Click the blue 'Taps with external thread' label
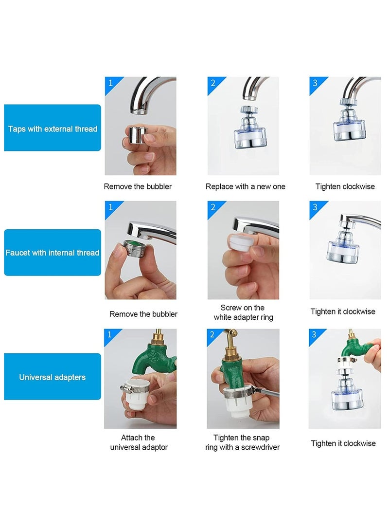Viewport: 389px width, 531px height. (53, 128)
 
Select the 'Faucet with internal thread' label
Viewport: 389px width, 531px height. (53, 252)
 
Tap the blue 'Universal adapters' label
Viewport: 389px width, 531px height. (53, 377)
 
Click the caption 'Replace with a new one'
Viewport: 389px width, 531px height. (245, 186)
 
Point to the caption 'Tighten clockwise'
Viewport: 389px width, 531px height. (345, 186)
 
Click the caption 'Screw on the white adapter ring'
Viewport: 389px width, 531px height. (243, 312)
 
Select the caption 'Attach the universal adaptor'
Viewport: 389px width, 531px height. (139, 442)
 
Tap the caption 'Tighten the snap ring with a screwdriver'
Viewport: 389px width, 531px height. (242, 442)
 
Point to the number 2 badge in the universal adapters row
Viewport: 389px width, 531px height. (212, 334)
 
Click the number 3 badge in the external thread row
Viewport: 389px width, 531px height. (315, 83)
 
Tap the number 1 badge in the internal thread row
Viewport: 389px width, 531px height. (110, 207)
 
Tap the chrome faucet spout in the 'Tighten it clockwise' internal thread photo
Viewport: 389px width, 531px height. (361, 221)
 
